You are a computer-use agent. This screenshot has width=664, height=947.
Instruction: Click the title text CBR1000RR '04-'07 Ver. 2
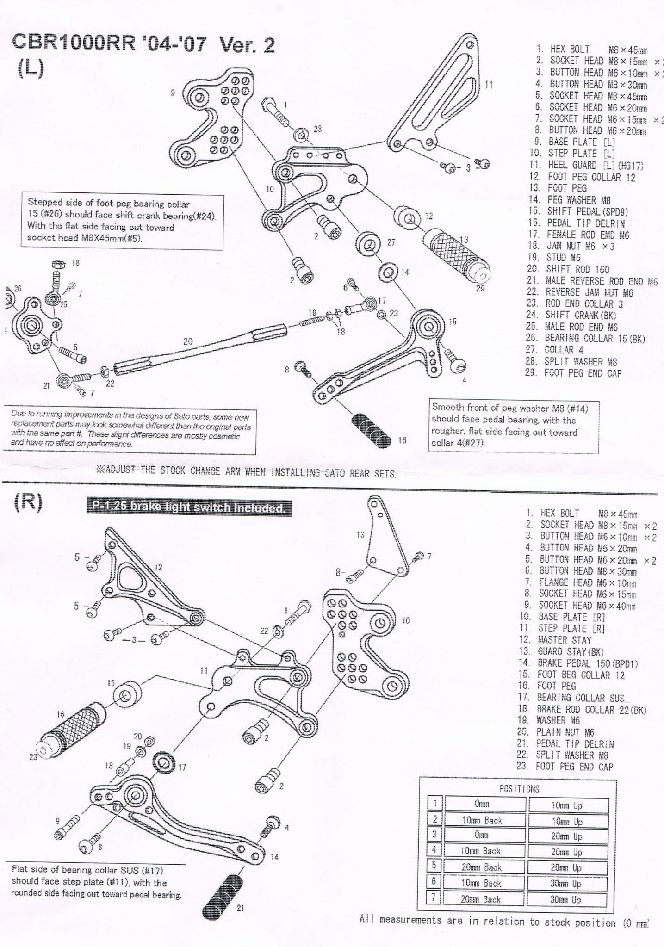[x=143, y=44]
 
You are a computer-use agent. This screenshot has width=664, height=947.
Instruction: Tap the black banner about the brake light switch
[x=189, y=507]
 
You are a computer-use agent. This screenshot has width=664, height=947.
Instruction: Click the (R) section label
[x=28, y=502]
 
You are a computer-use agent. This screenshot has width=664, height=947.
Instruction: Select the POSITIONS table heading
[x=519, y=789]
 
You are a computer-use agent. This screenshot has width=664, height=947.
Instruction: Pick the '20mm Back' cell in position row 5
[x=482, y=867]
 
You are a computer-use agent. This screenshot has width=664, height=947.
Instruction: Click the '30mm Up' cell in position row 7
[x=567, y=899]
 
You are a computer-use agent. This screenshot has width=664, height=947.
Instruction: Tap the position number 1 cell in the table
[x=435, y=804]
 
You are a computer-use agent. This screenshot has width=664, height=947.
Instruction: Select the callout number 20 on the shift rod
[x=188, y=341]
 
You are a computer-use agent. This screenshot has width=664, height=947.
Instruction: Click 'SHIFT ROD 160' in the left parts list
[x=577, y=269]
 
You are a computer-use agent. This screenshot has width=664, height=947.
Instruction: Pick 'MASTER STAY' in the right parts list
[x=565, y=640]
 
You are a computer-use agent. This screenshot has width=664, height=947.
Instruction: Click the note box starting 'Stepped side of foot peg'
[x=123, y=221]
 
